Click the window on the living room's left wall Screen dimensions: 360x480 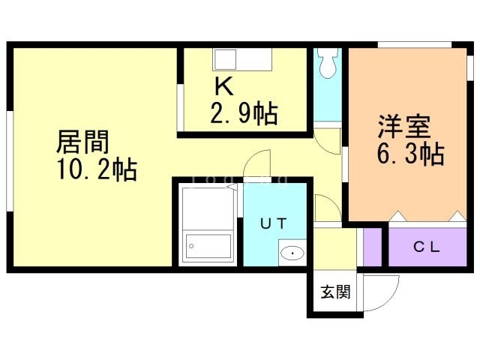pos(9,157)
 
